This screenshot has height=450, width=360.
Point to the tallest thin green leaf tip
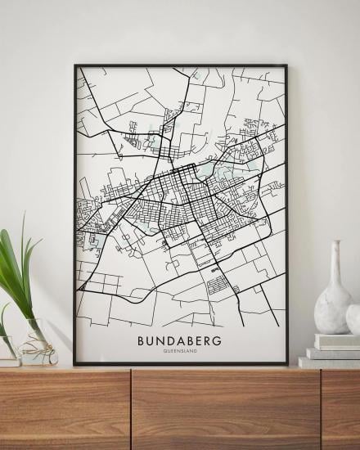coord(23,215)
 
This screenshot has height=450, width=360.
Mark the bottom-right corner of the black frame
coord(286,363)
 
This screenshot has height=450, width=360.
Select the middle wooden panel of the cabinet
coord(225,409)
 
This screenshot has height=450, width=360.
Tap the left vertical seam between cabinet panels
coord(131,409)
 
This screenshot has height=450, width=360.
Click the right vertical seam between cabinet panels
coord(320,409)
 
